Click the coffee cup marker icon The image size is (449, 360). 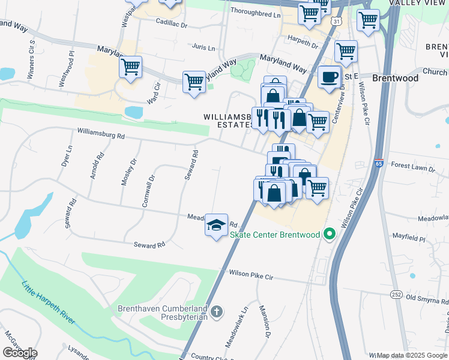(x=329, y=77)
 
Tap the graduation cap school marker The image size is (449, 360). (x=216, y=226)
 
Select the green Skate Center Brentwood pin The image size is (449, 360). (x=328, y=234)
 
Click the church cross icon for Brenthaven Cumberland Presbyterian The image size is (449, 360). (x=217, y=311)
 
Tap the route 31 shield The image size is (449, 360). (x=338, y=21)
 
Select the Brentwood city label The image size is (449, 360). (x=395, y=78)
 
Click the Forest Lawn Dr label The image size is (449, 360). (x=412, y=168)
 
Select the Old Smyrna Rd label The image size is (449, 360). (x=427, y=298)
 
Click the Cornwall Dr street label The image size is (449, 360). (x=147, y=191)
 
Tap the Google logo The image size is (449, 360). (x=20, y=353)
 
